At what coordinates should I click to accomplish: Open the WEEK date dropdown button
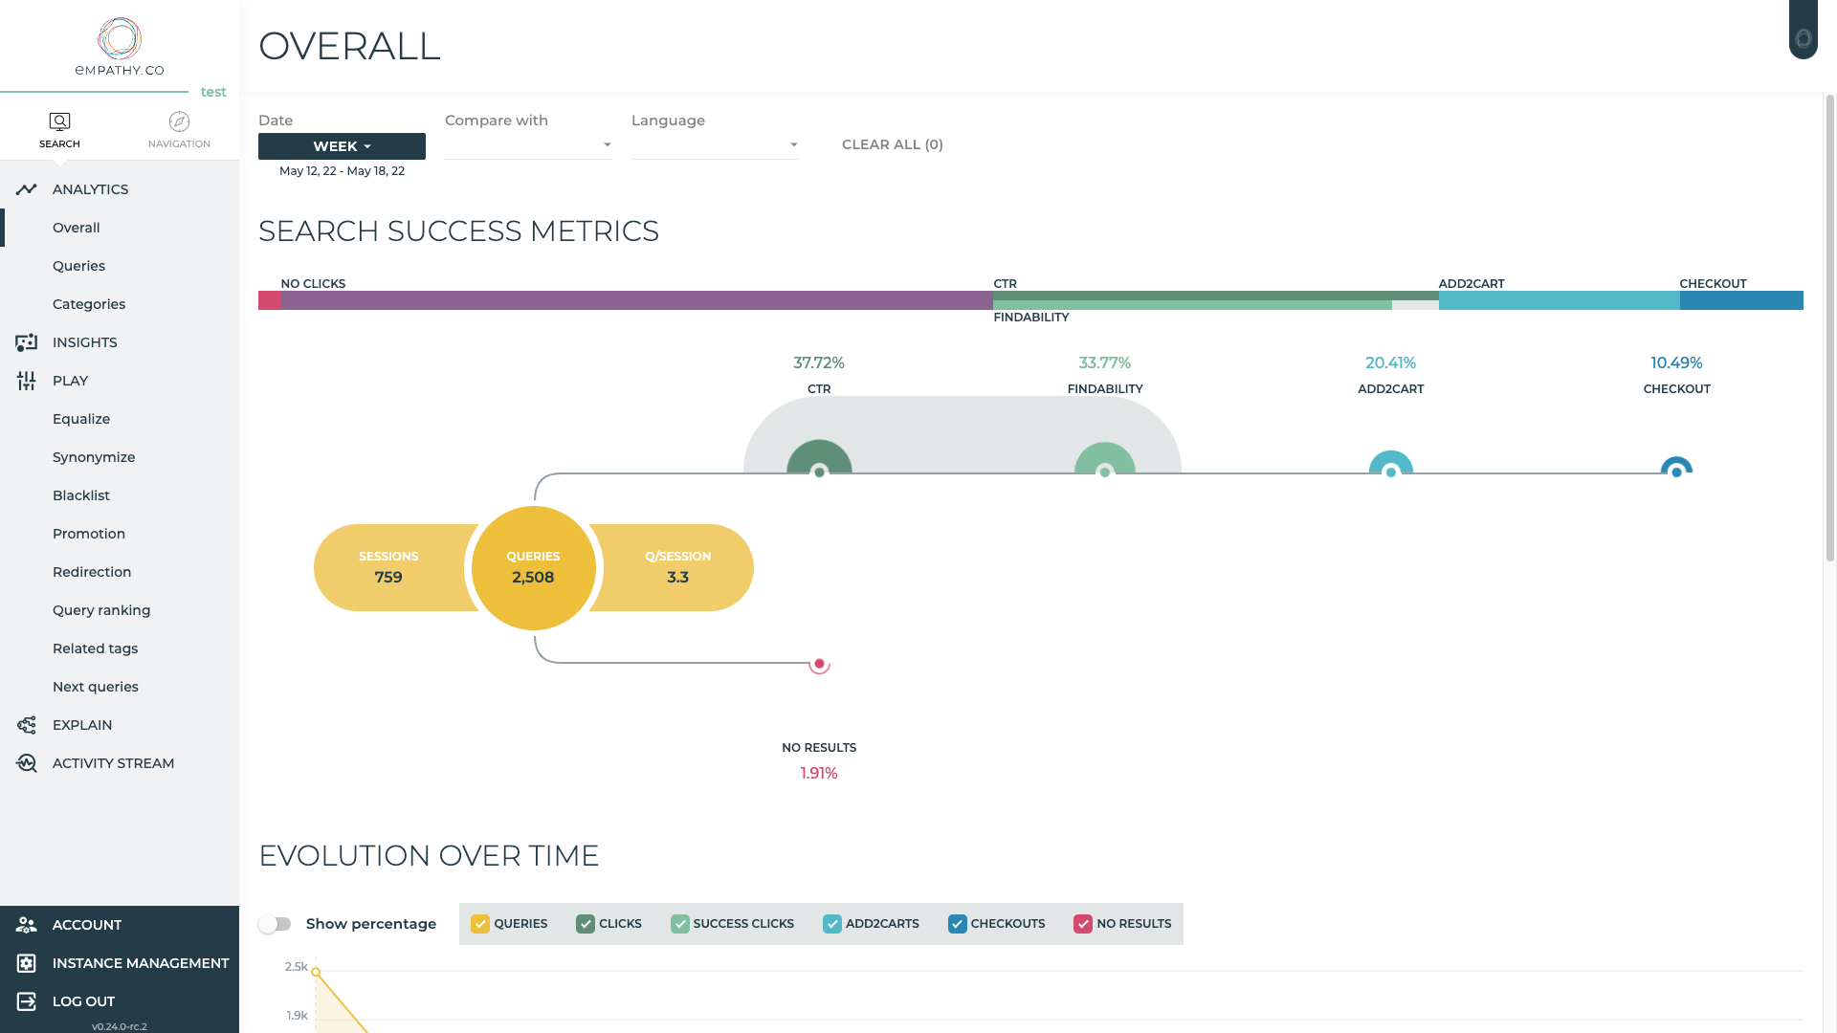(342, 146)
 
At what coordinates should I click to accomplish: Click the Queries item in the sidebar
(78, 266)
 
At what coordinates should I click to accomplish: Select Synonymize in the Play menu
(94, 457)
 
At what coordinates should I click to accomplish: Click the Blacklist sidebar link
(81, 495)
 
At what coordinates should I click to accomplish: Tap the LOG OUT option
(83, 1001)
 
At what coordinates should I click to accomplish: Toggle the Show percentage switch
(276, 924)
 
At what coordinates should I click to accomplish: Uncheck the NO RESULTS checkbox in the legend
(1083, 924)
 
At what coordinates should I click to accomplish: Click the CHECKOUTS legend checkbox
(958, 924)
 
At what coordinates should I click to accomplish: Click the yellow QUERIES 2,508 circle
(533, 567)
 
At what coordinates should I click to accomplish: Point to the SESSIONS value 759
(388, 578)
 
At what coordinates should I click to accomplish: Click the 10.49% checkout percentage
(1676, 363)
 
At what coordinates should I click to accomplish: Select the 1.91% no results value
(819, 774)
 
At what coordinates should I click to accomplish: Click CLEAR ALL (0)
(893, 144)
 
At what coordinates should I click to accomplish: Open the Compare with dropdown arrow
(607, 145)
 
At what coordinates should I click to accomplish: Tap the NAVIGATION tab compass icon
(179, 121)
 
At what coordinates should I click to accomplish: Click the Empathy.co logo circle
(120, 38)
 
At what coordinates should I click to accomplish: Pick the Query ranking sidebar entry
(101, 610)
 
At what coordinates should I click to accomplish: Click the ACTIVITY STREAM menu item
(113, 763)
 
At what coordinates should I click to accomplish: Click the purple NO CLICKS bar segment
(636, 300)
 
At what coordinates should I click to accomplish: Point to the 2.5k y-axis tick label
(297, 967)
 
